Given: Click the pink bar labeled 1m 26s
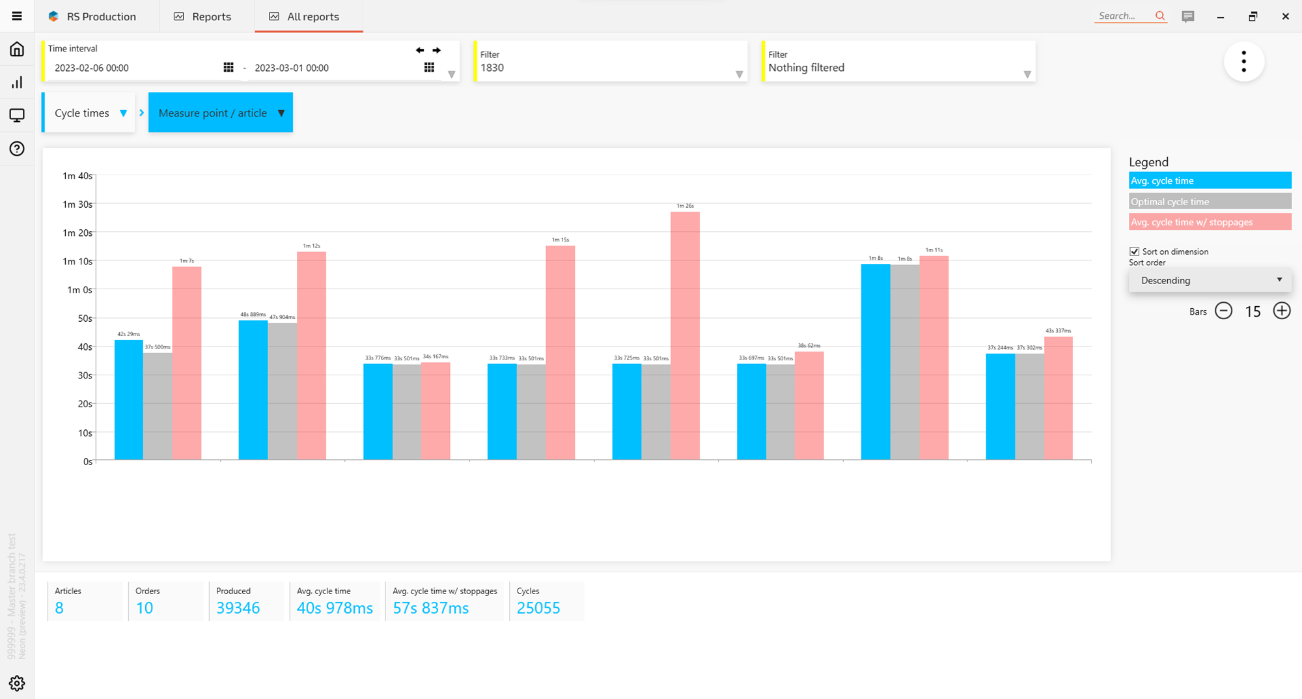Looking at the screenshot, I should (x=685, y=335).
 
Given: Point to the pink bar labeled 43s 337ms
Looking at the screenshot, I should (x=1058, y=398).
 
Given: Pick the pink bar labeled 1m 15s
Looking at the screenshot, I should (x=560, y=352).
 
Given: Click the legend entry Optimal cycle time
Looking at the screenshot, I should (x=1210, y=201).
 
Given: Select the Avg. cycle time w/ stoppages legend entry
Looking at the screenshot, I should (x=1210, y=222).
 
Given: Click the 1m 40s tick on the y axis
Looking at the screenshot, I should (x=77, y=176).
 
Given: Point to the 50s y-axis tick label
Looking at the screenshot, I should (x=85, y=319).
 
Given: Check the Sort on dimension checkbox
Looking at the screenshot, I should (x=1135, y=251).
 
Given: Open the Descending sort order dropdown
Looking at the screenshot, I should (x=1210, y=280).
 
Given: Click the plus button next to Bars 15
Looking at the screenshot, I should (x=1281, y=311).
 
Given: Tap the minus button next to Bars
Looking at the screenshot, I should (x=1223, y=311).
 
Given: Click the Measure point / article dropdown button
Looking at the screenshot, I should (x=221, y=113).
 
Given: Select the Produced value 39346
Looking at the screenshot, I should (x=238, y=608).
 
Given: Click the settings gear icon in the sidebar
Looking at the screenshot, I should (x=17, y=683).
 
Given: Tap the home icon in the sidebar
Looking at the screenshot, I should (x=17, y=50).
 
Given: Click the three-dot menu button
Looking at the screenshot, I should (x=1243, y=61).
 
